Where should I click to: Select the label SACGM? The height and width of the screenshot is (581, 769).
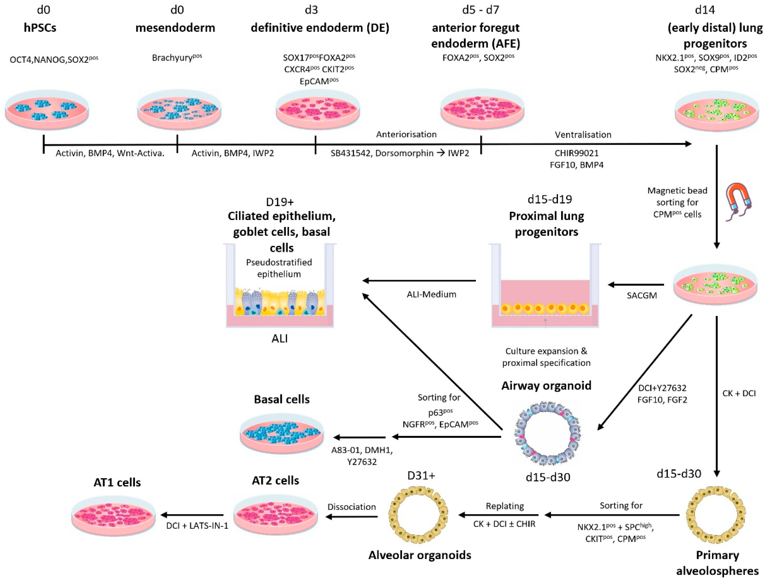(642, 295)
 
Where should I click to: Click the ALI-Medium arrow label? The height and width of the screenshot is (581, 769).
(431, 294)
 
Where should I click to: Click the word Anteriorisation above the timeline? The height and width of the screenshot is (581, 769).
(406, 135)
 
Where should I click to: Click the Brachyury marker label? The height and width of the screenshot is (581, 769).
(177, 58)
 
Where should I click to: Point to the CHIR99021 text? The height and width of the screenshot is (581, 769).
(576, 153)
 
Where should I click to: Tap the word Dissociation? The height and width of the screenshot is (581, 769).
(351, 507)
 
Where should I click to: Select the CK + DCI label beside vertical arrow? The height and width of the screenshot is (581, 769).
(739, 393)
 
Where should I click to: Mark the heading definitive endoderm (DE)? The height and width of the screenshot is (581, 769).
(320, 28)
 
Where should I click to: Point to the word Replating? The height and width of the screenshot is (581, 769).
(505, 506)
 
